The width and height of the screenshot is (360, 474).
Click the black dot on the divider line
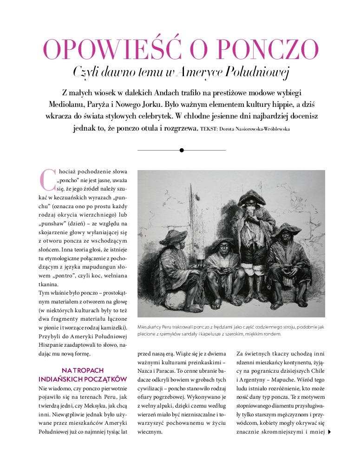182,150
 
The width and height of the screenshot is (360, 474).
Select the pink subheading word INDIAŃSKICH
63,379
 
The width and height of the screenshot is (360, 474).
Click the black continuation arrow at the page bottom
329,432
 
